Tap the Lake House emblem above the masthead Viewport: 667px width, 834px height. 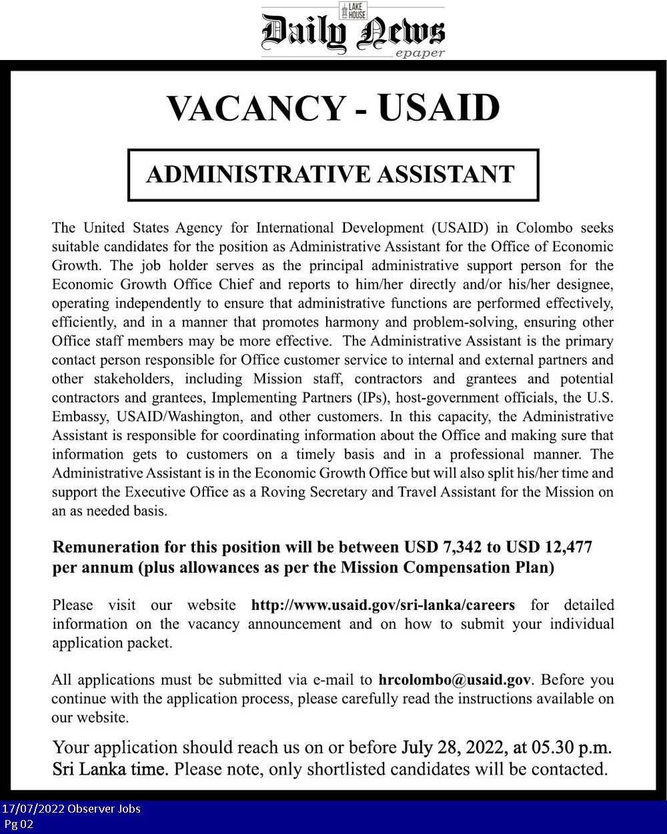353,10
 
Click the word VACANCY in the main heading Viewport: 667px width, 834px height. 257,109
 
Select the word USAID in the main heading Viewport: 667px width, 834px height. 438,107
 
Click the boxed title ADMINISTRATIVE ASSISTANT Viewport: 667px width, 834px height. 331,175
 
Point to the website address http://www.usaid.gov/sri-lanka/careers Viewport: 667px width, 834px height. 383,605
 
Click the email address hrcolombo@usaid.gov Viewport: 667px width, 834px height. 454,680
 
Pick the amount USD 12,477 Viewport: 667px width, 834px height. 549,547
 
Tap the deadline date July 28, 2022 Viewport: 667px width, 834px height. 452,747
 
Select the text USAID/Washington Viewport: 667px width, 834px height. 178,417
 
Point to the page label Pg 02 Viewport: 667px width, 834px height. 18,824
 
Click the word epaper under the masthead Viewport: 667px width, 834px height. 420,53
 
